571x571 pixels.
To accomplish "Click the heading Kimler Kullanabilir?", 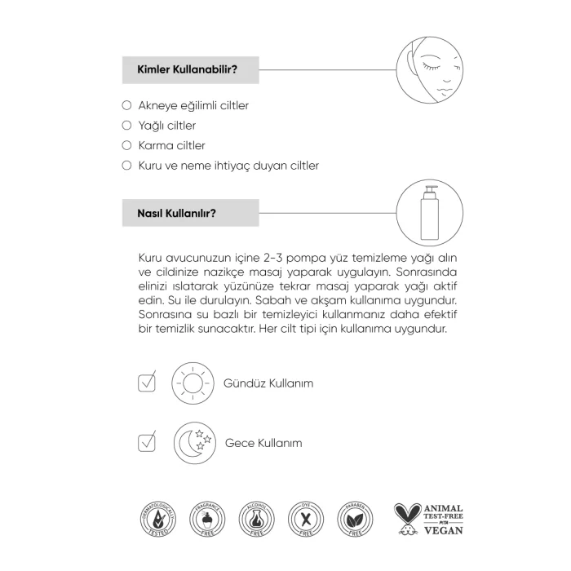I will [182, 69].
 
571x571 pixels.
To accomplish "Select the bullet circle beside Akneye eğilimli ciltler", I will [126, 105].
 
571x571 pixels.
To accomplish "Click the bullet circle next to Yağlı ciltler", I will [126, 126].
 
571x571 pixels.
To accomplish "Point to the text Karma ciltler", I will [172, 145].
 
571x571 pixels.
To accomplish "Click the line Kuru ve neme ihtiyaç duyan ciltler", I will [228, 166].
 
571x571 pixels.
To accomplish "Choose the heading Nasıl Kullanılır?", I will [170, 215].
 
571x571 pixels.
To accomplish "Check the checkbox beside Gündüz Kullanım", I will [147, 382].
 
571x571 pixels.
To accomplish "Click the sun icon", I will [192, 382].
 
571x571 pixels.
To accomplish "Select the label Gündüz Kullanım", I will [268, 383].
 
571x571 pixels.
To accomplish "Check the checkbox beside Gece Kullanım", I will [147, 443].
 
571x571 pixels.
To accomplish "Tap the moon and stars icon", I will [193, 443].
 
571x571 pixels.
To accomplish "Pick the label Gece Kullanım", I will [263, 443].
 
